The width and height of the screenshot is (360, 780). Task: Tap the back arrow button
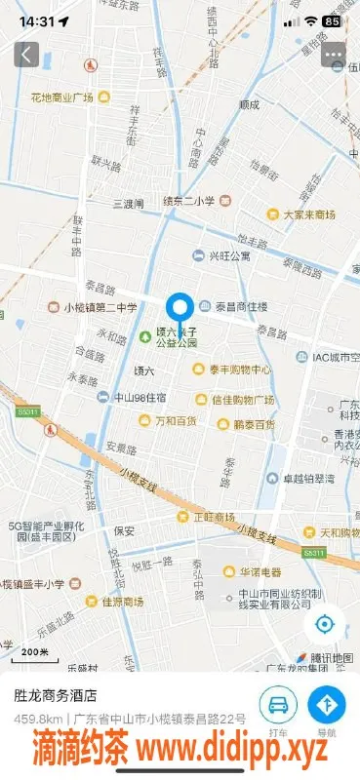pos(26,54)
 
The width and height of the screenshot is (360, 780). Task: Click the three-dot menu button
pos(335,54)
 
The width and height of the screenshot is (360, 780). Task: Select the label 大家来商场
pos(308,214)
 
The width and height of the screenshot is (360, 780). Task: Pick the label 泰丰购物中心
pos(240,370)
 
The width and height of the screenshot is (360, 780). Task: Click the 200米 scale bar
pos(36,652)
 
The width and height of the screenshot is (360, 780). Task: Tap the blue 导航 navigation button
pos(327,704)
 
